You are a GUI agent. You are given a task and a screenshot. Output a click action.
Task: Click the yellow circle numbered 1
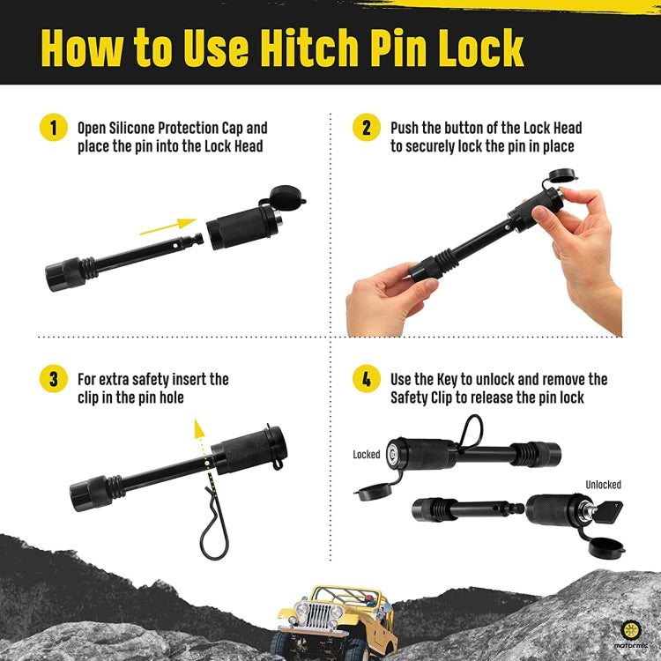[54, 128]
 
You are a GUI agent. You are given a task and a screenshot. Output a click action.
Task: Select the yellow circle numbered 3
[54, 379]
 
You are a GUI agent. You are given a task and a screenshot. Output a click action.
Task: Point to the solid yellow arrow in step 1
[167, 227]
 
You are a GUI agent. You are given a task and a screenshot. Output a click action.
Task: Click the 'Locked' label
[367, 455]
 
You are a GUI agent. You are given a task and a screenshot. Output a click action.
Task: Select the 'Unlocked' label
[603, 485]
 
